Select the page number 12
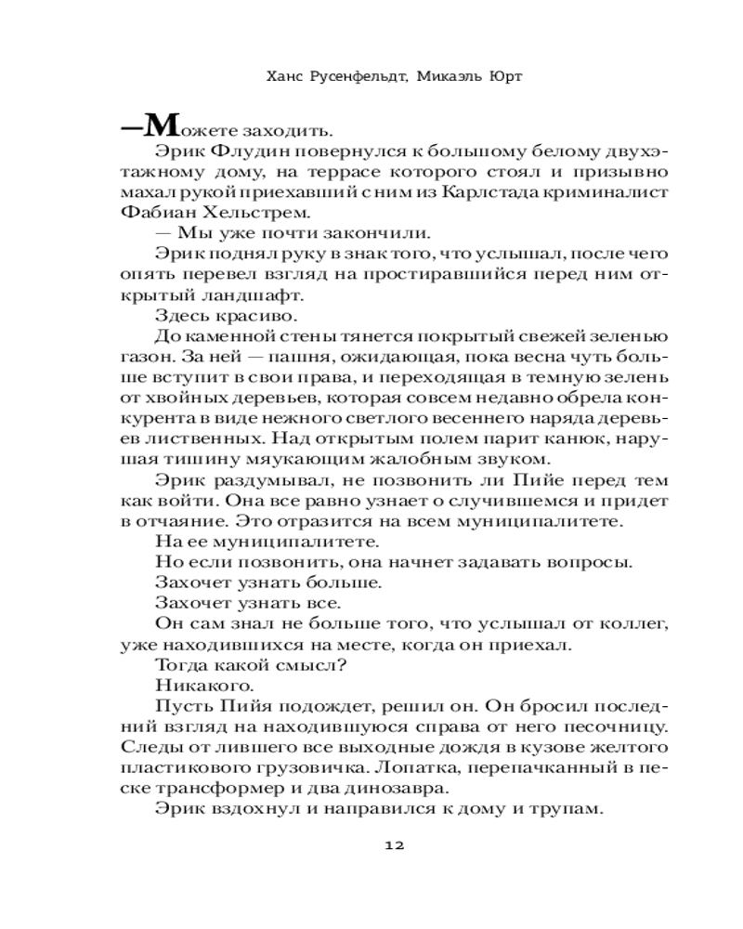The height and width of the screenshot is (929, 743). click(x=394, y=845)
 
